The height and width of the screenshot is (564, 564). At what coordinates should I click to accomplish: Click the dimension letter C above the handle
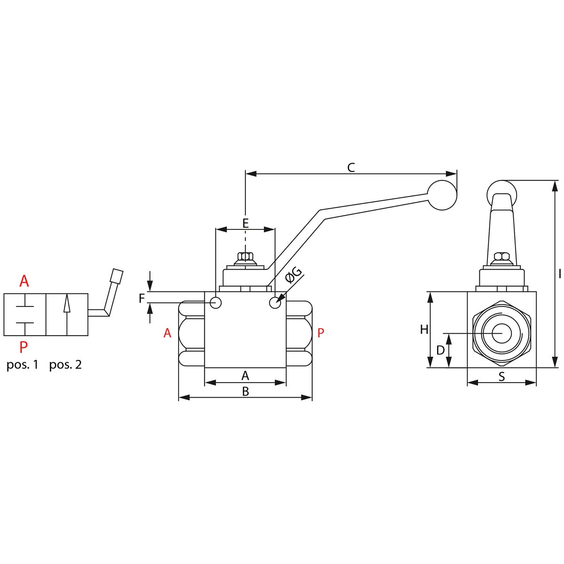pyautogui.click(x=351, y=168)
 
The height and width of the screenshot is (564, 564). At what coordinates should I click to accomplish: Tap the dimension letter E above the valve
pyautogui.click(x=245, y=223)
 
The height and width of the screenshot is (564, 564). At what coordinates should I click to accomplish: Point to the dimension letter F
pyautogui.click(x=142, y=298)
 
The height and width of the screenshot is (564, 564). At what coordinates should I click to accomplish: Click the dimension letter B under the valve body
pyautogui.click(x=245, y=392)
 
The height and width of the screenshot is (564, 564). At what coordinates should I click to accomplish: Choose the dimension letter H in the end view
pyautogui.click(x=424, y=329)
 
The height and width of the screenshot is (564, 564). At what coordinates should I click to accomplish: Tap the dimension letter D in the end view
pyautogui.click(x=440, y=350)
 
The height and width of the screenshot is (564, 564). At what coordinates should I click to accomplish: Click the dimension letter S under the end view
pyautogui.click(x=501, y=376)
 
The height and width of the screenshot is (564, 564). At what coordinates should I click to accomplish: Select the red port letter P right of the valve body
pyautogui.click(x=321, y=333)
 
